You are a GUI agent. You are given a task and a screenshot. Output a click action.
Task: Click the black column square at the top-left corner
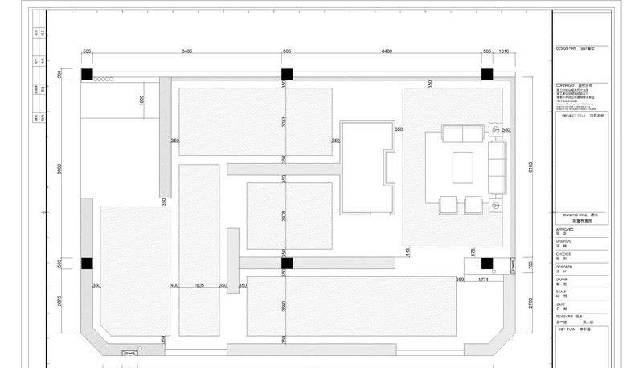[86, 74]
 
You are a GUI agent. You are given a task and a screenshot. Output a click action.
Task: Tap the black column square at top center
[286, 74]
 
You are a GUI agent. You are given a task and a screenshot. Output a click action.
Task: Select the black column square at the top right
[486, 74]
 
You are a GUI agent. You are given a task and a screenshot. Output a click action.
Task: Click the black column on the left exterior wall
[86, 263]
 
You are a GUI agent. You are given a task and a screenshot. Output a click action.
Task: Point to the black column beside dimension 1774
[486, 263]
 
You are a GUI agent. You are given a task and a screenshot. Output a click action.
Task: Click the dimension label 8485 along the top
[186, 51]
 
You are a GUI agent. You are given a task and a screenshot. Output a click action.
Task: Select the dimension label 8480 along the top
[386, 51]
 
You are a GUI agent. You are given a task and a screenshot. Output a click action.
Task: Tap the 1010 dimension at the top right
[505, 51]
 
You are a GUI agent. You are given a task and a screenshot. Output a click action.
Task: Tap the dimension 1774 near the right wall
[483, 280]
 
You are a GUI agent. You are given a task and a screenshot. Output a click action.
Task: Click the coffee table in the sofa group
[464, 167]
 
